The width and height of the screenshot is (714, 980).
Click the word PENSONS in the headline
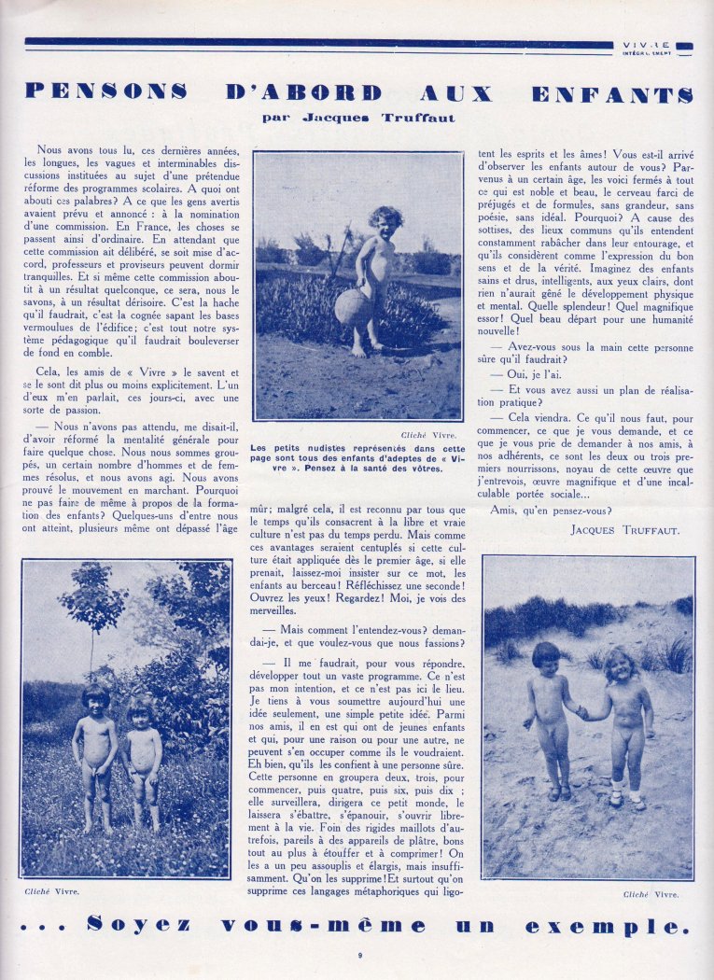(105, 92)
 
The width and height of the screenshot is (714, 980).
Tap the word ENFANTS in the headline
(612, 93)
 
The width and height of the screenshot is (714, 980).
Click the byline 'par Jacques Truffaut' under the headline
(358, 118)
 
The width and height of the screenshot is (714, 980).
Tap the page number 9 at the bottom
(359, 955)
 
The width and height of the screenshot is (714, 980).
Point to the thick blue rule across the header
(317, 43)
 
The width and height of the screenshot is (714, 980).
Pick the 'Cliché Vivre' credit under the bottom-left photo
(51, 890)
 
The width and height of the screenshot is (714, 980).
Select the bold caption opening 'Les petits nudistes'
(357, 457)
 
